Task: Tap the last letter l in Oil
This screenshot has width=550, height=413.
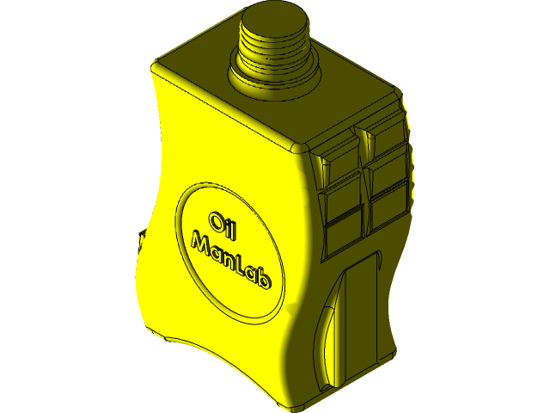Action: click(x=235, y=229)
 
